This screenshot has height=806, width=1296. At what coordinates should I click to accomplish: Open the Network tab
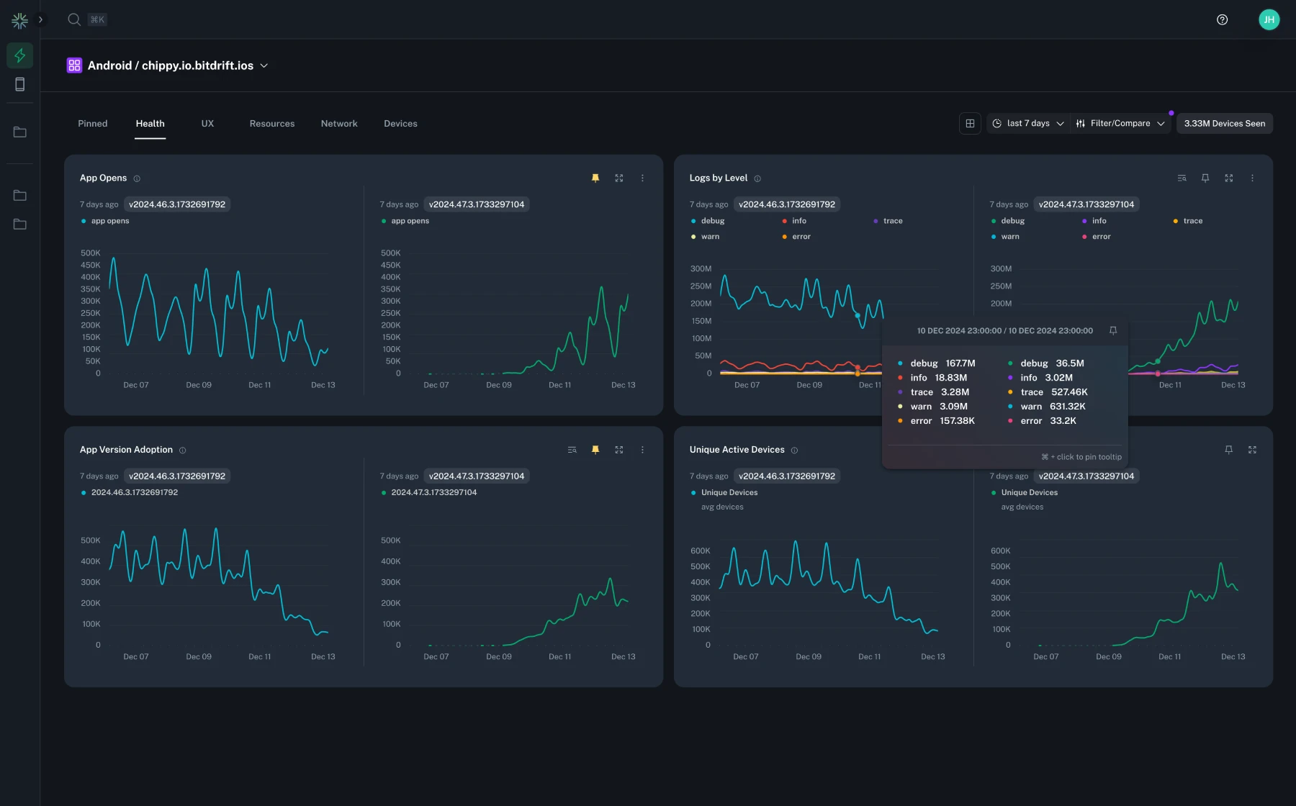tap(339, 124)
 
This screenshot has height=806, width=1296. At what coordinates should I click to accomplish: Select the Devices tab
tap(400, 124)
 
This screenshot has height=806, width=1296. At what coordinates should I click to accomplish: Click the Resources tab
tap(271, 124)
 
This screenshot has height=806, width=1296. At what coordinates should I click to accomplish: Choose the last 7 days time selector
tap(1028, 124)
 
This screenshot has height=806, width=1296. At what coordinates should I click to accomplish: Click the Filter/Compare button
tap(1120, 124)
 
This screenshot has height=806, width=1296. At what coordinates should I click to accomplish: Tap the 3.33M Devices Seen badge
tap(1224, 124)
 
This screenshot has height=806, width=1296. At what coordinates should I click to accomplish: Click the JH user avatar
tap(1269, 19)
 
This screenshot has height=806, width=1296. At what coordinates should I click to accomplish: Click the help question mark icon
tap(1222, 19)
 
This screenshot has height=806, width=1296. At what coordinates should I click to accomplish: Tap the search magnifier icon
tap(74, 19)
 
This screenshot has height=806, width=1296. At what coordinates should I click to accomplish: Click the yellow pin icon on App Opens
tap(595, 178)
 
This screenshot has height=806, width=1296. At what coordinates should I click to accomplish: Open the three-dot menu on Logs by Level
tap(1252, 178)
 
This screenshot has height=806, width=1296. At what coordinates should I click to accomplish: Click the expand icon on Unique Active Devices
tap(1252, 450)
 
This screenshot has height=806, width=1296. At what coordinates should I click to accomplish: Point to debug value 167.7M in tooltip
tap(960, 363)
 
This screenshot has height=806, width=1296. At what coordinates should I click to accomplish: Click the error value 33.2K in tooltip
tap(1063, 421)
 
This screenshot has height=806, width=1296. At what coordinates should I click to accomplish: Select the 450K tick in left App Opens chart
tap(91, 265)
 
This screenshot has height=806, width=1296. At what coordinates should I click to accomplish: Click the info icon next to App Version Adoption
tap(183, 450)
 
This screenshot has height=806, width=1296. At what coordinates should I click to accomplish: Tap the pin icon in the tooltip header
tap(1113, 331)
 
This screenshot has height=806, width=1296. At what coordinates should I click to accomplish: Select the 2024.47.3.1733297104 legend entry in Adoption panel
tap(433, 492)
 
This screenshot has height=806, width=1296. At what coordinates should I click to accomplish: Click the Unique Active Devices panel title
tap(737, 450)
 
